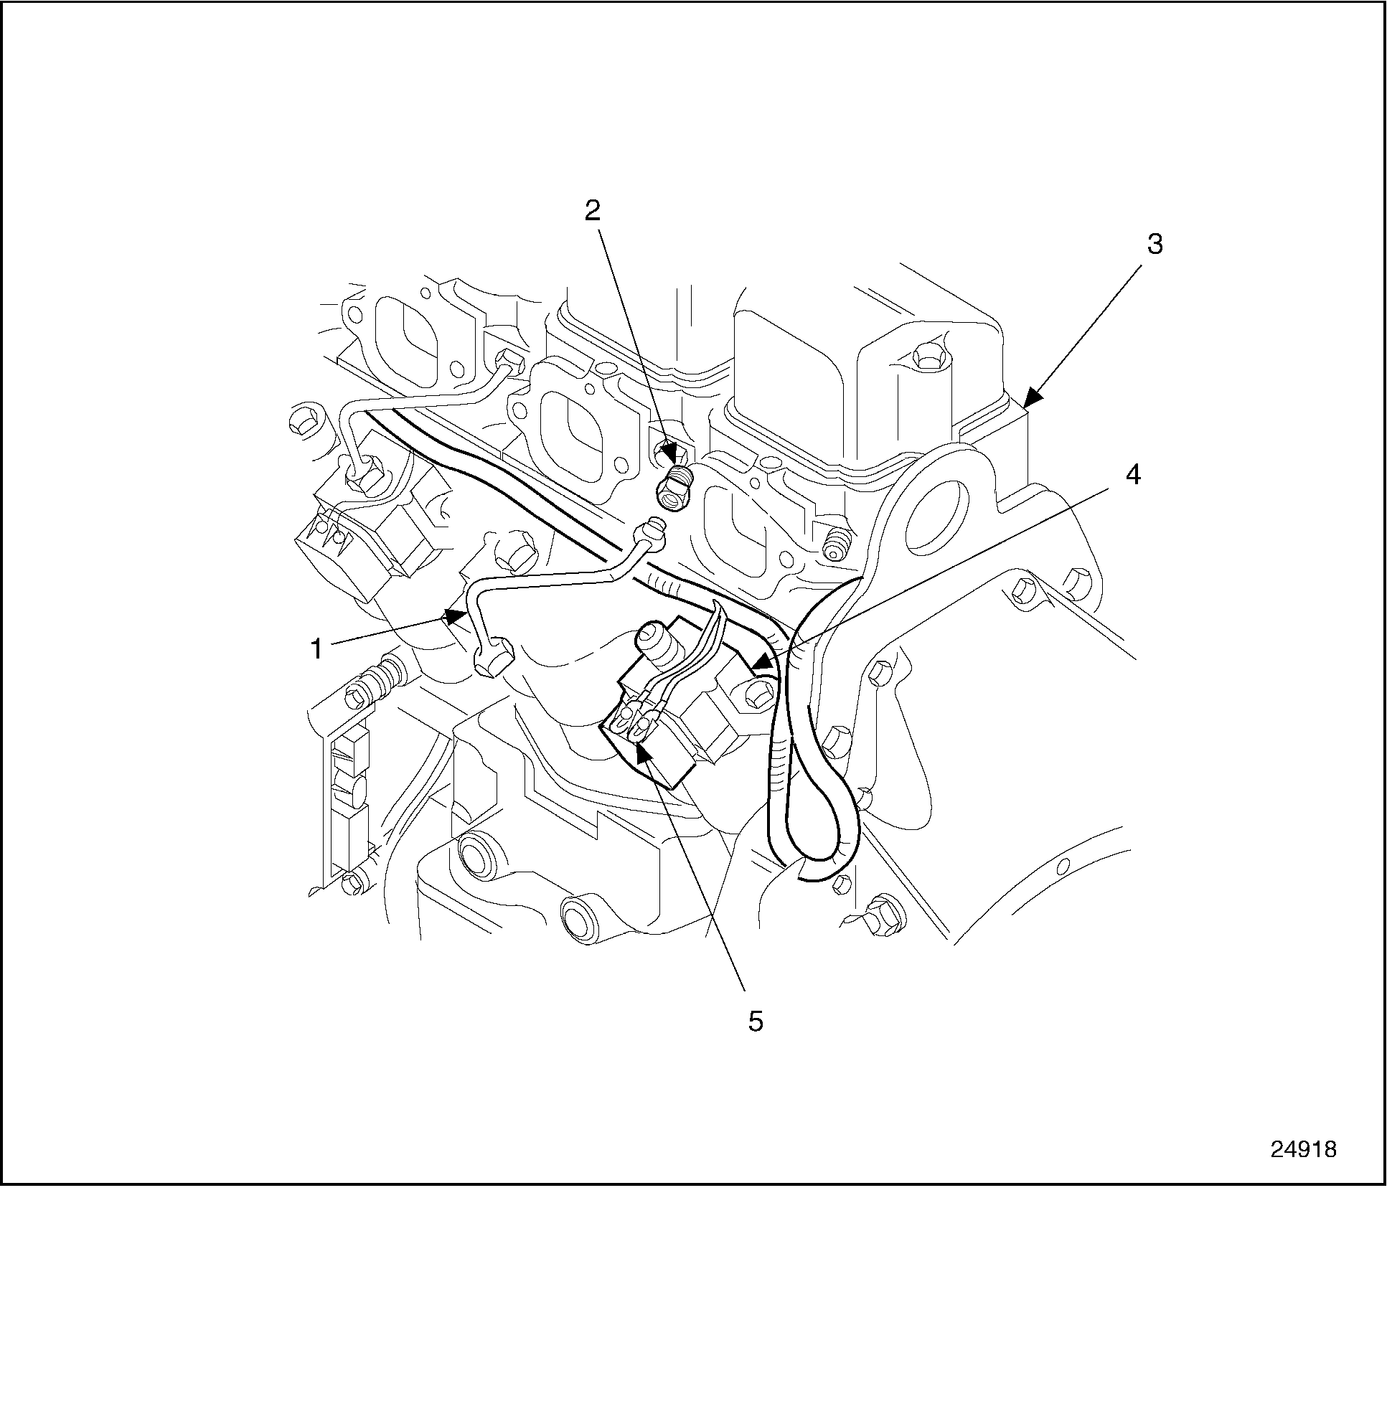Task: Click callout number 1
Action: (316, 648)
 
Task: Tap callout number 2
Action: (593, 210)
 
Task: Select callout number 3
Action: (1154, 245)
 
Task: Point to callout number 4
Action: (1132, 475)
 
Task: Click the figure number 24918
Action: (1303, 1169)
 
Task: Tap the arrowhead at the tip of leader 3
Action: (1030, 400)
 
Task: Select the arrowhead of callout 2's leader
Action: (680, 458)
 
